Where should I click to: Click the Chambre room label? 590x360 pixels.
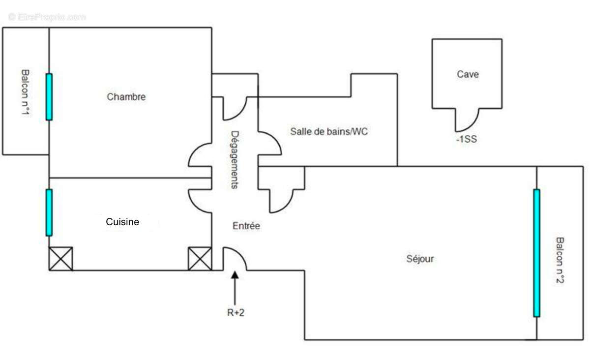click(x=126, y=97)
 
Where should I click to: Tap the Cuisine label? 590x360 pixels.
click(x=122, y=222)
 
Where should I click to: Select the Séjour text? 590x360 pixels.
click(x=420, y=259)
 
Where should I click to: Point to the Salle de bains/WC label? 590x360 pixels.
click(x=329, y=131)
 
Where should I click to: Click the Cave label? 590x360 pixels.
click(x=468, y=74)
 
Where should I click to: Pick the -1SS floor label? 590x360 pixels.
click(x=467, y=139)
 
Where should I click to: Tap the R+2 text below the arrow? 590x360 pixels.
click(x=236, y=313)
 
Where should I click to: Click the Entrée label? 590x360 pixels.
click(x=246, y=226)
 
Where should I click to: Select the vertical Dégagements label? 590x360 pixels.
click(x=235, y=160)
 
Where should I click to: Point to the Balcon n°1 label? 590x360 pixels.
click(x=25, y=92)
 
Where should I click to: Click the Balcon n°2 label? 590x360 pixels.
click(x=560, y=260)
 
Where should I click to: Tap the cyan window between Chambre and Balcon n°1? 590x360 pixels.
click(x=49, y=97)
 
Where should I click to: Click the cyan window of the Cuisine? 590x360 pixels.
click(x=49, y=212)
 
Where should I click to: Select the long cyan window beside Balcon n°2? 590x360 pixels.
click(x=536, y=253)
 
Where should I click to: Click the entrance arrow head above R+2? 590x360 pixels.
click(x=235, y=275)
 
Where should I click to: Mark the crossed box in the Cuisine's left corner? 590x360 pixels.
click(x=61, y=259)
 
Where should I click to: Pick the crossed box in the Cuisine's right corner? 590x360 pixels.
click(x=200, y=259)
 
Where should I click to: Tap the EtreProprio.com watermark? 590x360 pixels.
click(x=47, y=17)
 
